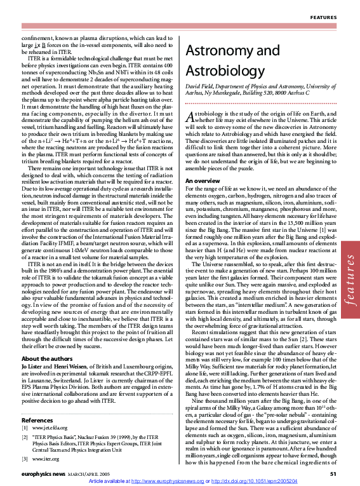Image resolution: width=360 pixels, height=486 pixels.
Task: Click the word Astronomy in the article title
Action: coord(219,51)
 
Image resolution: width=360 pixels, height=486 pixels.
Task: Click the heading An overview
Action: coord(203,163)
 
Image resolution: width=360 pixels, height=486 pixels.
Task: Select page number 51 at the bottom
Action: coord(333,474)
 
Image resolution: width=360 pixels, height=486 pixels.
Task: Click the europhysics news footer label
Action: coord(45,474)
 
